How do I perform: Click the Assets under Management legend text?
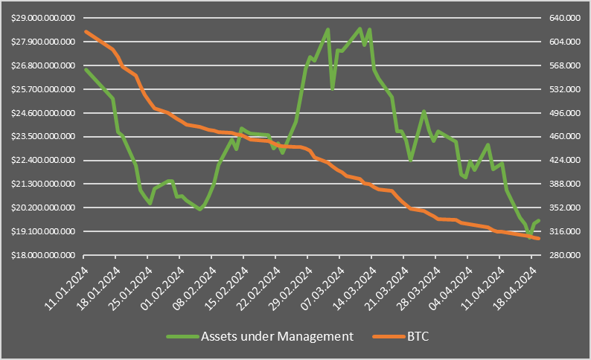tap(277, 336)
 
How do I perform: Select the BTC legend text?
tap(418, 336)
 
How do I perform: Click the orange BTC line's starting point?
tap(86, 31)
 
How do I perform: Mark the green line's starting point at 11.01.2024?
tap(86, 69)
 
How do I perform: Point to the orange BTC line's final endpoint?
tap(539, 238)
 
